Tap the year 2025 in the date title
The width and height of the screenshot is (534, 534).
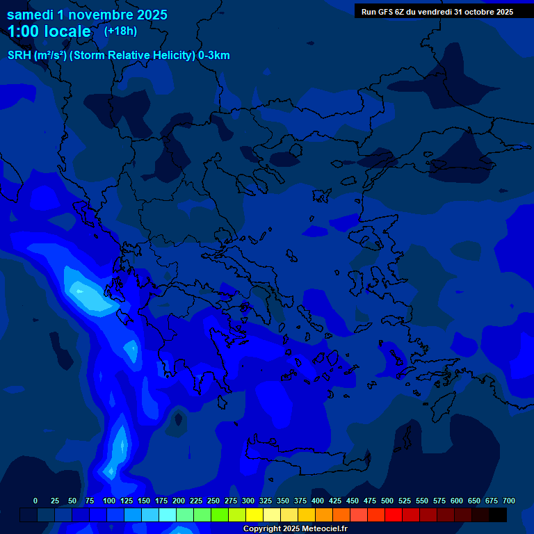click(152, 15)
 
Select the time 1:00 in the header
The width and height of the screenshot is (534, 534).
click(24, 31)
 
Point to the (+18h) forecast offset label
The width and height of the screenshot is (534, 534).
click(120, 31)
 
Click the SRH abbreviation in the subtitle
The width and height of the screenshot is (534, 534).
click(19, 56)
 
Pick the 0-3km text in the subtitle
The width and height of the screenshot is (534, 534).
click(214, 56)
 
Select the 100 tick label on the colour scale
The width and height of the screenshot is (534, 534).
click(108, 501)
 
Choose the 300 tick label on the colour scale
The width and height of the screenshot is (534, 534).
click(248, 501)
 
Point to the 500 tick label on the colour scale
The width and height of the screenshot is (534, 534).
click(387, 501)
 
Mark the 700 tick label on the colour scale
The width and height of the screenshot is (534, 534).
click(508, 501)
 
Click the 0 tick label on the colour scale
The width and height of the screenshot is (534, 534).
click(35, 501)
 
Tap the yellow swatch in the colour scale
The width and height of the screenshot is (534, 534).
click(254, 515)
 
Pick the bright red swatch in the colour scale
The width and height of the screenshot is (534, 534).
click(394, 515)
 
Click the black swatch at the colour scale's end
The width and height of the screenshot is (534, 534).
click(498, 515)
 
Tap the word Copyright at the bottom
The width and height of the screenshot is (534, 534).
click(262, 529)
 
